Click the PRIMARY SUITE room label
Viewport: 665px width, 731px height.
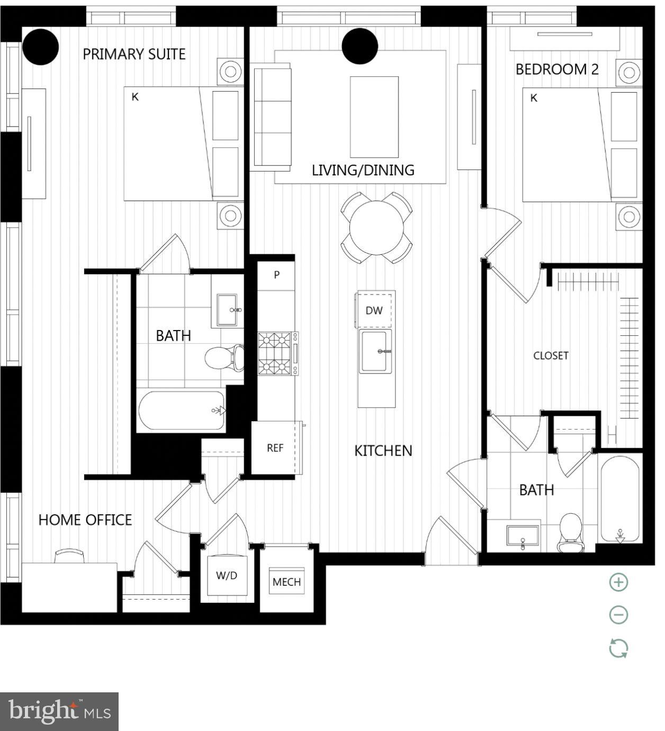click(134, 54)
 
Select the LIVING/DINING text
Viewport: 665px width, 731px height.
click(363, 170)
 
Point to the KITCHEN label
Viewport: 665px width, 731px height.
click(383, 450)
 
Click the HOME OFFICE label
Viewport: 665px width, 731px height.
click(85, 520)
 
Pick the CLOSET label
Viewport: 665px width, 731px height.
click(551, 355)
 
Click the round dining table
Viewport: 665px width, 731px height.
click(376, 228)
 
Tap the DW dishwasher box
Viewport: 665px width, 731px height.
click(374, 310)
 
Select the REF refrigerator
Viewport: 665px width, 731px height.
click(275, 448)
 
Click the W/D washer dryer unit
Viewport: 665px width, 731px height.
click(227, 576)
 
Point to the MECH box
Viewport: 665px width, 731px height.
click(286, 582)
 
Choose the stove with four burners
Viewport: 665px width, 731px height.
click(275, 353)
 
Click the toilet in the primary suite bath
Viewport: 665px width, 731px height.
click(224, 358)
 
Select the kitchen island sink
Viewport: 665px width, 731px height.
click(375, 351)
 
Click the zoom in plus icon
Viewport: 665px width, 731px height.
click(618, 582)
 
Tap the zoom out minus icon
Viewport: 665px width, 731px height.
click(618, 615)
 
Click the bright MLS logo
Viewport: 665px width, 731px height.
click(59, 711)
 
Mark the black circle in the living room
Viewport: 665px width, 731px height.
click(360, 46)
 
